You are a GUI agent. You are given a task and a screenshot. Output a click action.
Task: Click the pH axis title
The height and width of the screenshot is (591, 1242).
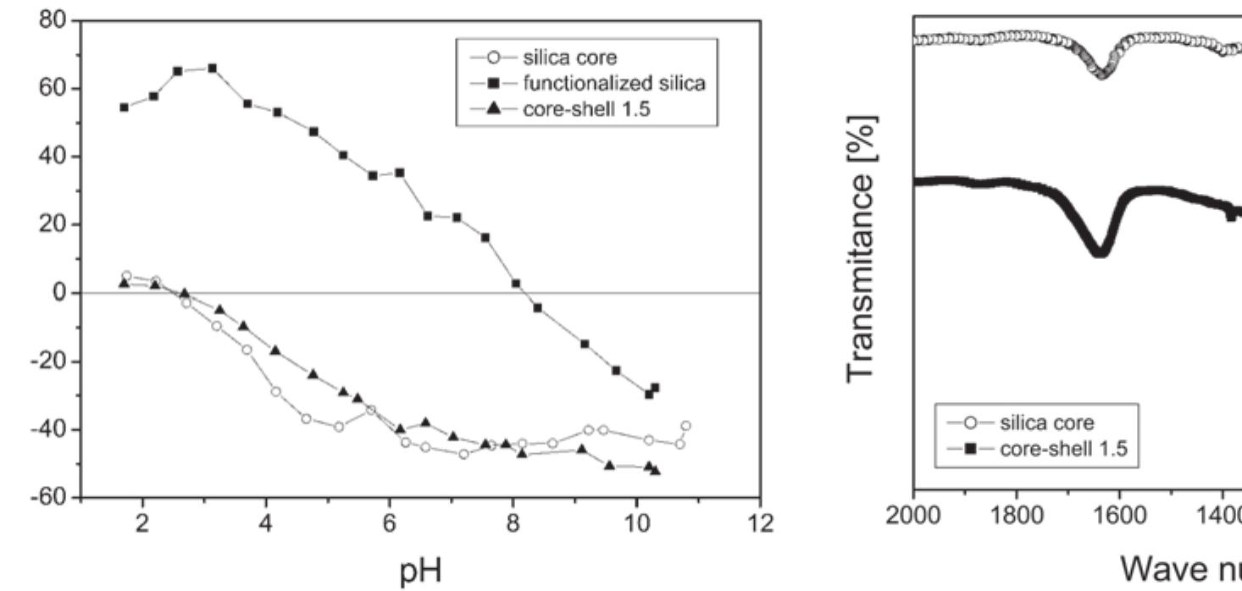point(420,572)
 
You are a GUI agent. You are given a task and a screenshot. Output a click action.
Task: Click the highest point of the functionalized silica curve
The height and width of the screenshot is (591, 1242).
point(212,69)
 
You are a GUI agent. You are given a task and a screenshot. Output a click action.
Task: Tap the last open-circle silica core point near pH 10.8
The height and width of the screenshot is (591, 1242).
point(685,426)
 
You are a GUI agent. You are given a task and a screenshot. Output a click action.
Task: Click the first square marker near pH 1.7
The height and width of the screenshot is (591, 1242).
point(125,108)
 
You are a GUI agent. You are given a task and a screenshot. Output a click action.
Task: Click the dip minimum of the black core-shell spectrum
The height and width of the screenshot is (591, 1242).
point(1100,251)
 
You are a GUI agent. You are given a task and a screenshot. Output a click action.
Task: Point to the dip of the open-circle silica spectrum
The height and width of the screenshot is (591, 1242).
point(1101,74)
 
